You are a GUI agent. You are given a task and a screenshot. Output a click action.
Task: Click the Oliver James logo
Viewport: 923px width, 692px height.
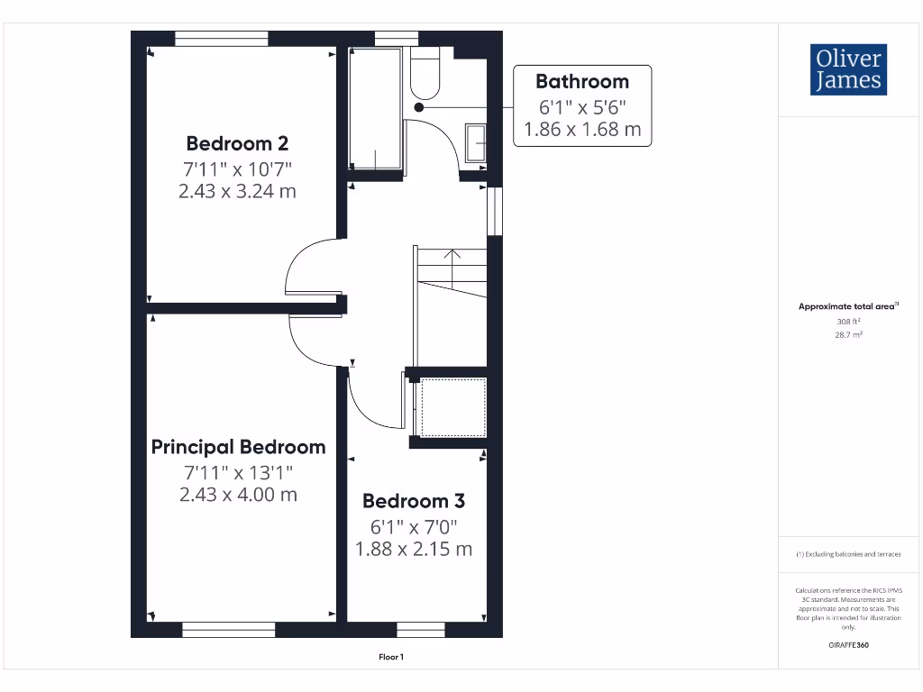click(847, 69)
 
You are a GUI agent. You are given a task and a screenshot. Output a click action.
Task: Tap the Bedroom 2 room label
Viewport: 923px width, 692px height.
click(237, 143)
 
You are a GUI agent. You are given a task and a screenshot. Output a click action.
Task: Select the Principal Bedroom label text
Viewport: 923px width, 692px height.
click(238, 447)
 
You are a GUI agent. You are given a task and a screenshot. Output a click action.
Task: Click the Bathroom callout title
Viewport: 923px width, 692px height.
click(581, 82)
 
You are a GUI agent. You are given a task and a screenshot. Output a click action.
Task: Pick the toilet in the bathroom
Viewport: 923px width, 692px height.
click(425, 72)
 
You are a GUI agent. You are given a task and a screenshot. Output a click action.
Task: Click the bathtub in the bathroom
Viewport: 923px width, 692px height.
click(375, 109)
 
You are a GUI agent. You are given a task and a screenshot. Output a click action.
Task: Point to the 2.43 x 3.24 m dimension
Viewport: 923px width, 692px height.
click(237, 191)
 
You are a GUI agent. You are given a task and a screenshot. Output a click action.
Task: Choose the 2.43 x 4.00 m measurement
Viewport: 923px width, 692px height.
click(238, 495)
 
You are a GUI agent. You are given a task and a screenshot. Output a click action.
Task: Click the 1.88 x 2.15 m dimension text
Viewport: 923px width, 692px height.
click(415, 549)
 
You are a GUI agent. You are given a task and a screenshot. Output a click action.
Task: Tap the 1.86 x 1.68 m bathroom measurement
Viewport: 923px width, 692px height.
click(582, 129)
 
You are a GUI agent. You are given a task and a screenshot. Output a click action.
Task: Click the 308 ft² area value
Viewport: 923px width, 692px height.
click(847, 321)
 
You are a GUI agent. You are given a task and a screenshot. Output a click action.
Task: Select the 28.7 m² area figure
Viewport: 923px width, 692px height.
click(847, 334)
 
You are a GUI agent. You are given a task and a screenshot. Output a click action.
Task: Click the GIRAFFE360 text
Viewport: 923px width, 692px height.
click(847, 645)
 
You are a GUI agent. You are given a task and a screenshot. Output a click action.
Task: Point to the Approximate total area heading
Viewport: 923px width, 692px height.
click(847, 306)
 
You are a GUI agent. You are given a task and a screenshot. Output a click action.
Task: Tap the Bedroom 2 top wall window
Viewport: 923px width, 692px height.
click(222, 38)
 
